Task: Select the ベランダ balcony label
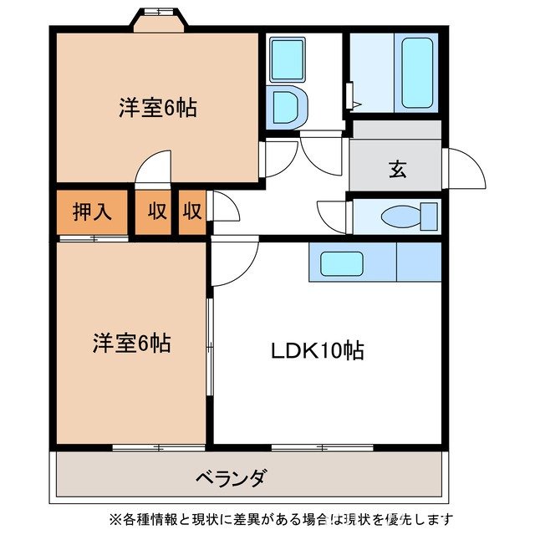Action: (x=232, y=478)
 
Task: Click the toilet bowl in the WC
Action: (x=401, y=217)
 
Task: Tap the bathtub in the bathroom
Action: (x=415, y=74)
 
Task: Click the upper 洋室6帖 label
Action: (x=157, y=108)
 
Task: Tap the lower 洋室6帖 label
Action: (x=132, y=343)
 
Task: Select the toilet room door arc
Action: (x=332, y=212)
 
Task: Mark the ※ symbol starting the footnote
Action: (x=115, y=518)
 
